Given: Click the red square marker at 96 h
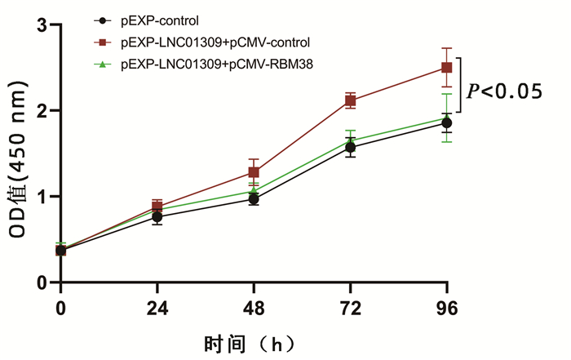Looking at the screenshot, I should (x=446, y=68).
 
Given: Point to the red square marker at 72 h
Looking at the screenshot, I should (x=350, y=100).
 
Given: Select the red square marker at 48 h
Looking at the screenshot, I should (x=254, y=172).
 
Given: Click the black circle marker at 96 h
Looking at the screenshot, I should (x=446, y=123).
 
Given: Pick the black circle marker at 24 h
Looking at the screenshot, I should (x=157, y=216).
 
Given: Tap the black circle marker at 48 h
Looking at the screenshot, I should (x=254, y=199).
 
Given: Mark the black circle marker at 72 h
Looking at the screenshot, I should (x=350, y=148).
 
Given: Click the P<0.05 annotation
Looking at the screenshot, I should (x=504, y=92).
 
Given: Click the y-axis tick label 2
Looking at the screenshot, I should (x=42, y=111).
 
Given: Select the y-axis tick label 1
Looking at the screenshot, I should (x=42, y=197).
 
